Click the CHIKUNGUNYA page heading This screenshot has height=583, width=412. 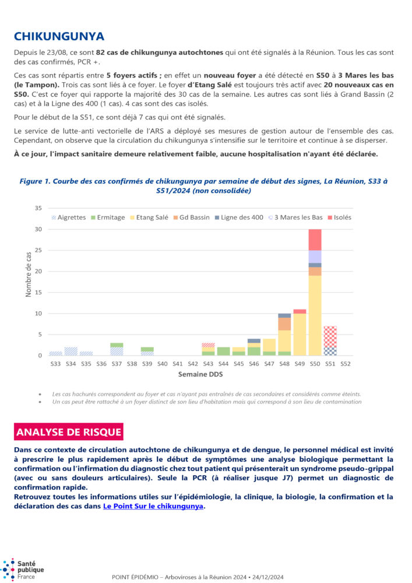(58, 37)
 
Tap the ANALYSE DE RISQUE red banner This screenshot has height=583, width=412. (69, 432)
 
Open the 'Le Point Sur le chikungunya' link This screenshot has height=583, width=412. (153, 506)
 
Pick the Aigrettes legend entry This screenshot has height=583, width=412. (68, 217)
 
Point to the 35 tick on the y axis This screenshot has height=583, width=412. (38, 208)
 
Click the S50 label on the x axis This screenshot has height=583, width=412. (315, 364)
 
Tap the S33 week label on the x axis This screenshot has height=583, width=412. (55, 364)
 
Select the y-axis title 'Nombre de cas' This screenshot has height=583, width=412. (29, 275)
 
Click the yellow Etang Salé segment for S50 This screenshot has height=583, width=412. (315, 315)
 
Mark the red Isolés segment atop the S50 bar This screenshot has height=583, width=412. (315, 240)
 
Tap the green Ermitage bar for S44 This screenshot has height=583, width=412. (224, 351)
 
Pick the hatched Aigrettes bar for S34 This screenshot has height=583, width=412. (71, 351)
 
